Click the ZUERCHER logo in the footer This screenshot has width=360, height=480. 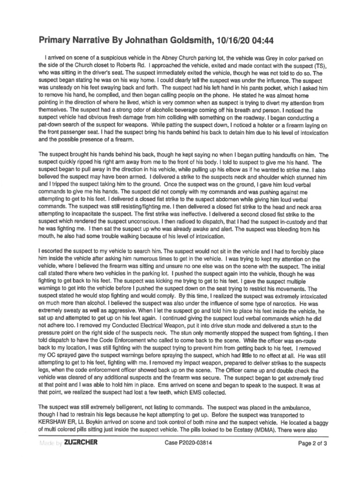(81, 442)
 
